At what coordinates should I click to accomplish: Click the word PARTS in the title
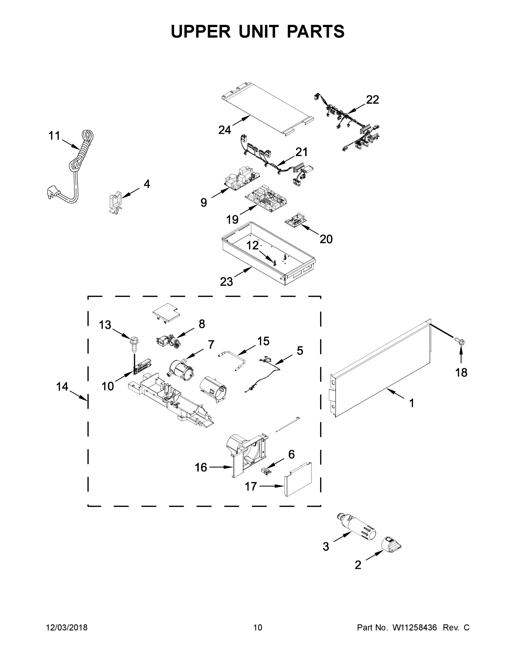click(315, 31)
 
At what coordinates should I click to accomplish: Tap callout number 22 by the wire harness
click(372, 100)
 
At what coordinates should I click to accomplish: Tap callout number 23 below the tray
click(226, 282)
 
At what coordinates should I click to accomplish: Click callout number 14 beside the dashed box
click(62, 387)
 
